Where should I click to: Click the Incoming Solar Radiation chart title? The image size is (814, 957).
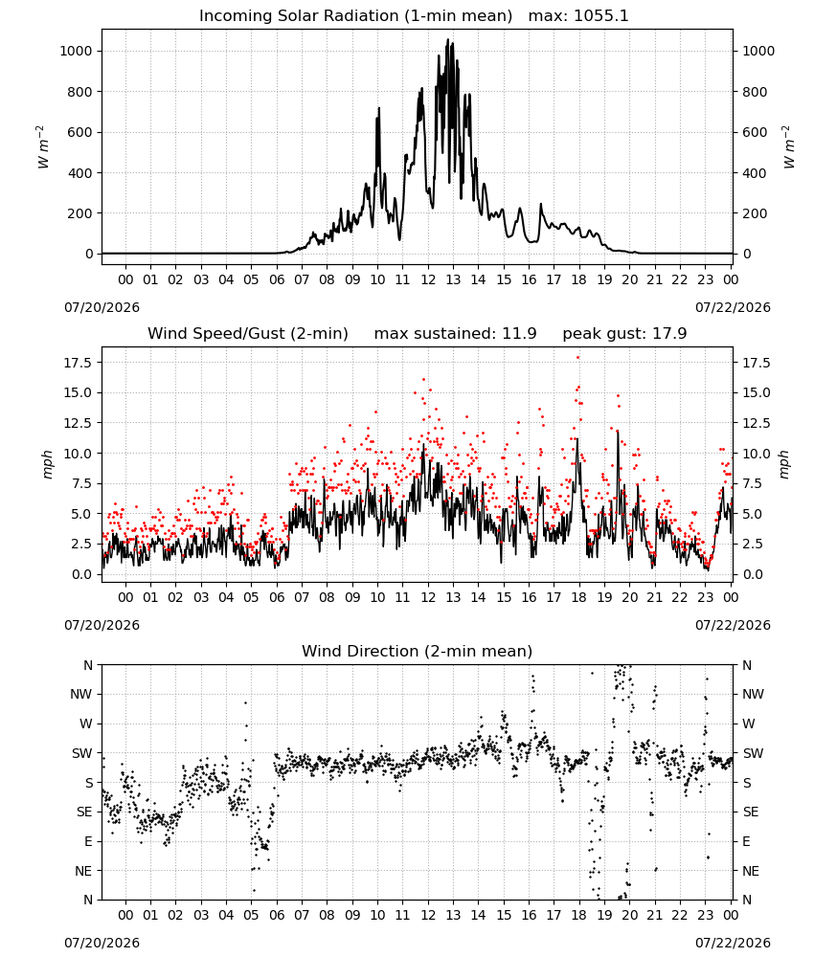(x=355, y=15)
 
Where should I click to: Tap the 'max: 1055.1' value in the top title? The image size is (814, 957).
(x=578, y=15)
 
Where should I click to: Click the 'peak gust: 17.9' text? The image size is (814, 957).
(x=624, y=333)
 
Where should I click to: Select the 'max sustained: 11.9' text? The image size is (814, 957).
(x=455, y=333)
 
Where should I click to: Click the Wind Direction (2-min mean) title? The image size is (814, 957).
(x=418, y=651)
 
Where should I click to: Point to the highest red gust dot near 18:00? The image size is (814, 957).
(x=577, y=358)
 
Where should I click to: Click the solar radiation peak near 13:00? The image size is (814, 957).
(x=447, y=40)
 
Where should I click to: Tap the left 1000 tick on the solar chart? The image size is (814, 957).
(x=76, y=52)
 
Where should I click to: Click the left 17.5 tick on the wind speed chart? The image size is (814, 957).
(x=78, y=363)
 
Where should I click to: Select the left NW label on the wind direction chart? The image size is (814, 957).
(x=81, y=695)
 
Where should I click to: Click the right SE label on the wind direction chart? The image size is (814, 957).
(x=751, y=812)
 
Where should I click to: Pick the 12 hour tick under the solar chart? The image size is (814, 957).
(x=428, y=280)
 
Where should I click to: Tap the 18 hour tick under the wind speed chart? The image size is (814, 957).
(x=579, y=597)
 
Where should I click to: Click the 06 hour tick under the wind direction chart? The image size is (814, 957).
(x=277, y=916)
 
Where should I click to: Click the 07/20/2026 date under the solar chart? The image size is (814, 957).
(x=102, y=307)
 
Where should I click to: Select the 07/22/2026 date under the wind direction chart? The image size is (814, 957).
(x=733, y=943)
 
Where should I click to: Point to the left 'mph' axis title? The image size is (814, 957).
(x=48, y=464)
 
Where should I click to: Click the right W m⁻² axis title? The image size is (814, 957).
(x=788, y=147)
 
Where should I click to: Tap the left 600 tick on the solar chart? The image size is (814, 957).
(x=80, y=132)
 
